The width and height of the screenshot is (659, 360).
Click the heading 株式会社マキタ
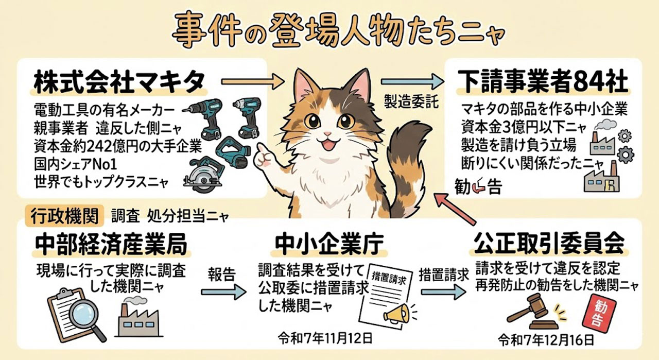point(119,81)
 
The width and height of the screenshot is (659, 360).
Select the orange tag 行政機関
point(64,216)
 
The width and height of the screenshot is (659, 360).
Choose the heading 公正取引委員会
point(549,244)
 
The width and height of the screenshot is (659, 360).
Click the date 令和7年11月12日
point(325,338)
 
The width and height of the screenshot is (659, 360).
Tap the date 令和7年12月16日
point(546,340)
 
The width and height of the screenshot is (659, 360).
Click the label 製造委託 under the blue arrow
point(411,102)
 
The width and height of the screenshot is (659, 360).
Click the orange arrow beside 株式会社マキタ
point(252,81)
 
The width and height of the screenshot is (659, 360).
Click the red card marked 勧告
point(599,313)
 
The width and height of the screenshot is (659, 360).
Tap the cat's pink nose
point(327,134)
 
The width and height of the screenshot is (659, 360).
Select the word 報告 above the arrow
point(222,275)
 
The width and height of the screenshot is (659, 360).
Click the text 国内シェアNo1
point(76,164)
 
